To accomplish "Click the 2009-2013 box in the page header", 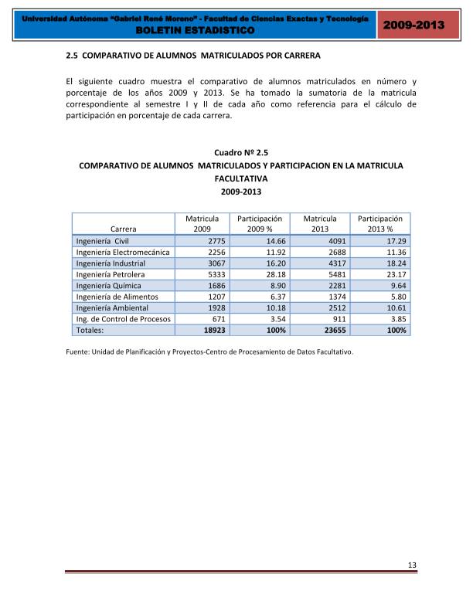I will (413, 26).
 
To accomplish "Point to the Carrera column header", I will (124, 229).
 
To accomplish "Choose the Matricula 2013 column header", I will (319, 224).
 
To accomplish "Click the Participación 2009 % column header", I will (259, 224).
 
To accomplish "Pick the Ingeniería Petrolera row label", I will (111, 274).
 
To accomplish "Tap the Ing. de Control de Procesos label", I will (124, 318).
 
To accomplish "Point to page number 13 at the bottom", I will (412, 566).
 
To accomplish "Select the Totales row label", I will (90, 330).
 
